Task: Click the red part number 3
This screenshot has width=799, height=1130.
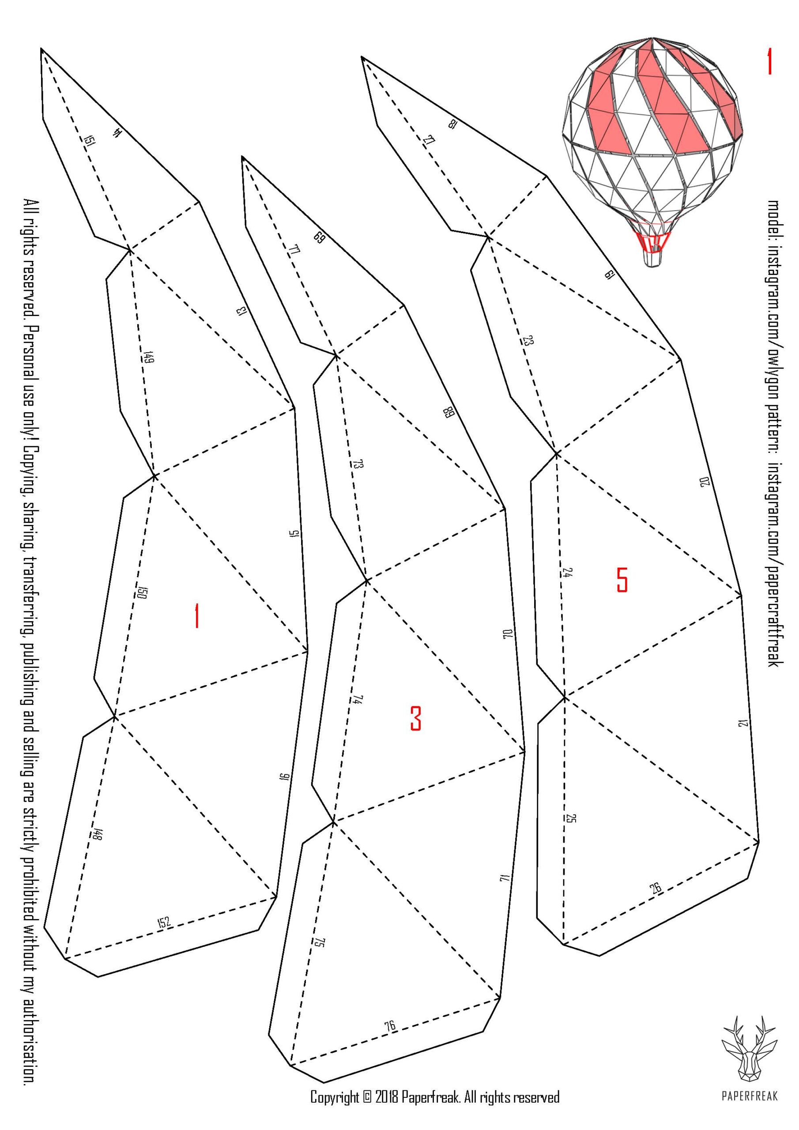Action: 415,718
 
